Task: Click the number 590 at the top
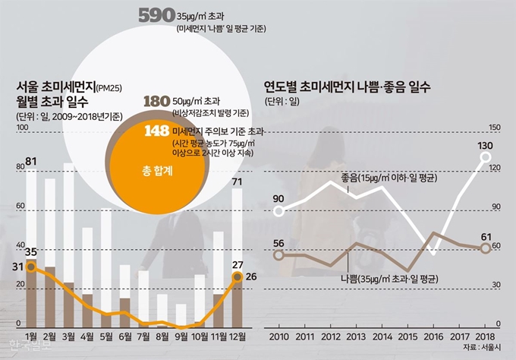[157, 16]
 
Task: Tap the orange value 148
[156, 131]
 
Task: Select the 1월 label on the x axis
[32, 335]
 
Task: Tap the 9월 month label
[181, 335]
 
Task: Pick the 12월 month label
[238, 335]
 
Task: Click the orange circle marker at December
[238, 276]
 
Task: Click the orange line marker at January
[31, 264]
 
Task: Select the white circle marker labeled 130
[486, 158]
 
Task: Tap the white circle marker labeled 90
[278, 211]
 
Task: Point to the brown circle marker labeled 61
[486, 248]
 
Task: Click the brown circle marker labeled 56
[278, 254]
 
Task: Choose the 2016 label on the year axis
[433, 335]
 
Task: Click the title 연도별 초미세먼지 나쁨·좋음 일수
[348, 87]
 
